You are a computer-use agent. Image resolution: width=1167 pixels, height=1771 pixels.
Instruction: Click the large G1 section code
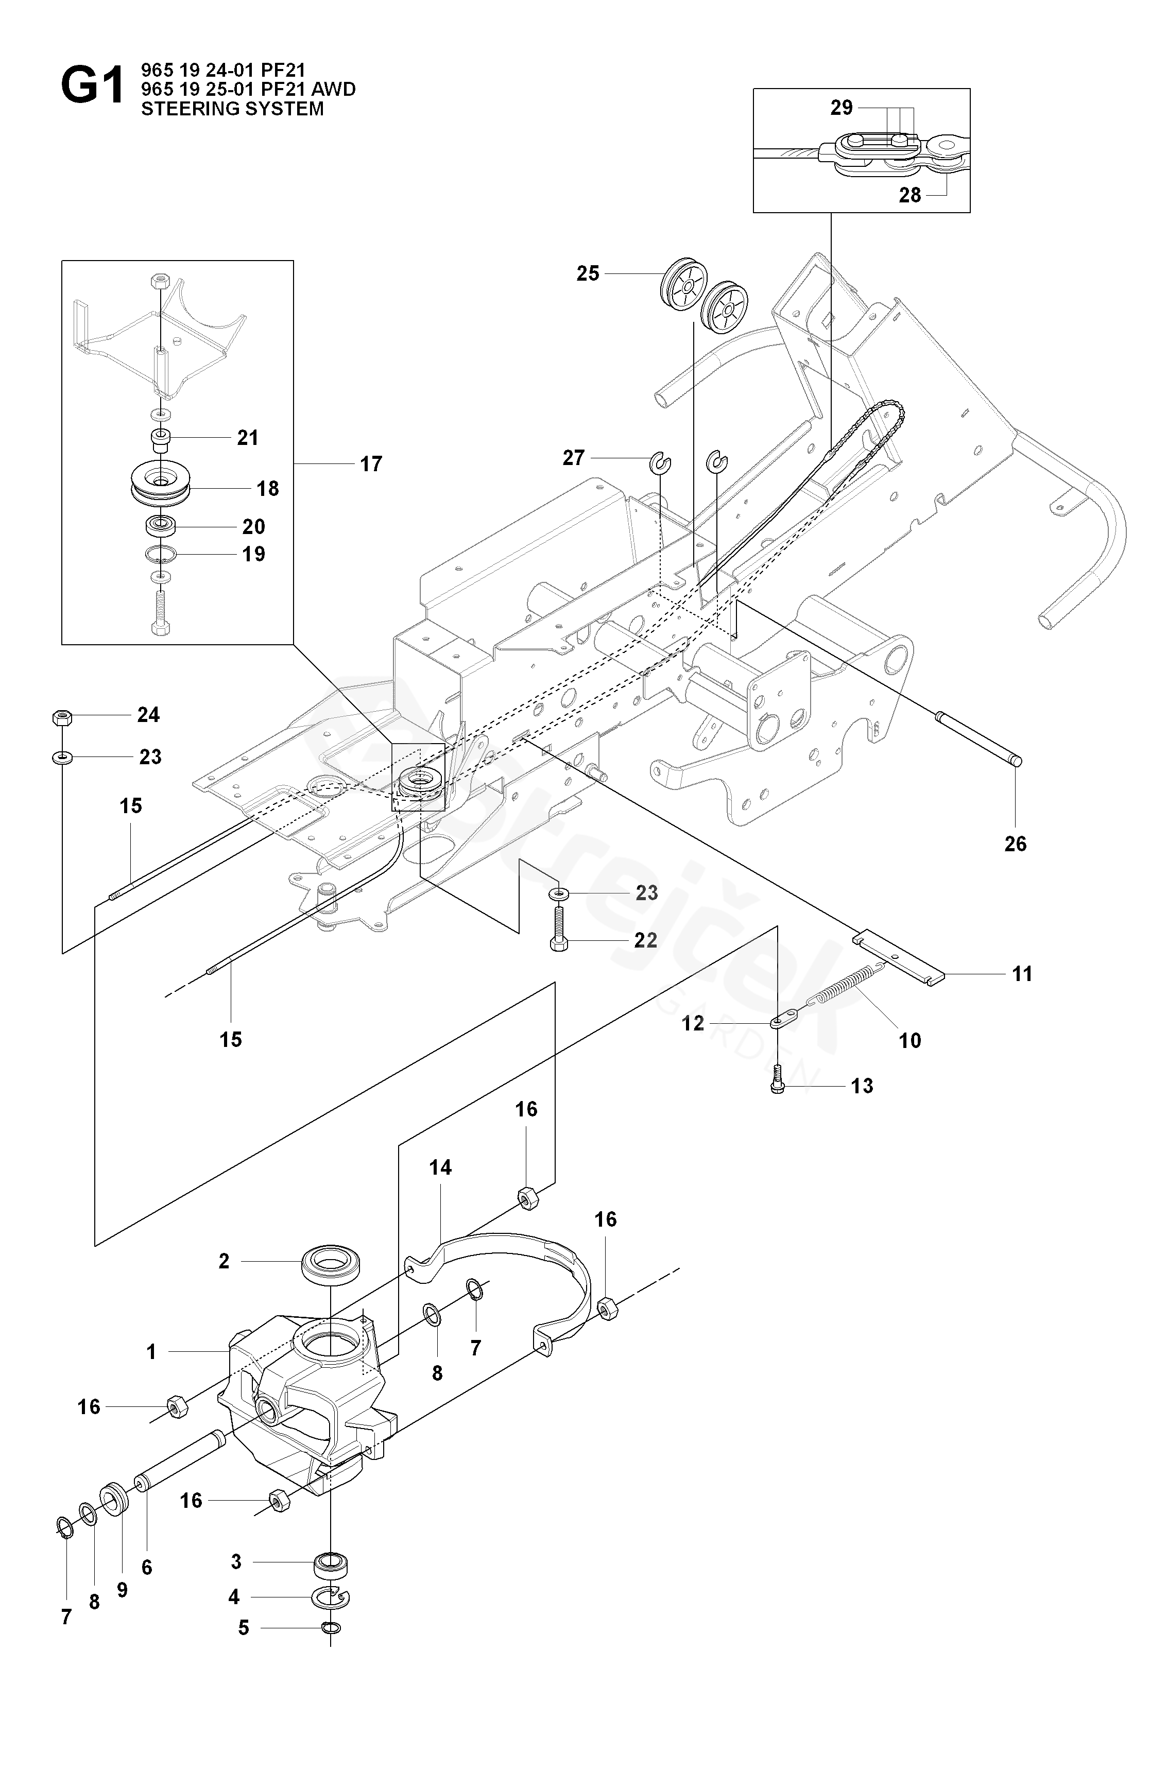(x=92, y=87)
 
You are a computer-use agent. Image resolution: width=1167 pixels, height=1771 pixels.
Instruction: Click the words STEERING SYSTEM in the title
(x=232, y=109)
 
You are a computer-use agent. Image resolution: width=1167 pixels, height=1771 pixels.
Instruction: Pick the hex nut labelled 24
(x=62, y=717)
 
